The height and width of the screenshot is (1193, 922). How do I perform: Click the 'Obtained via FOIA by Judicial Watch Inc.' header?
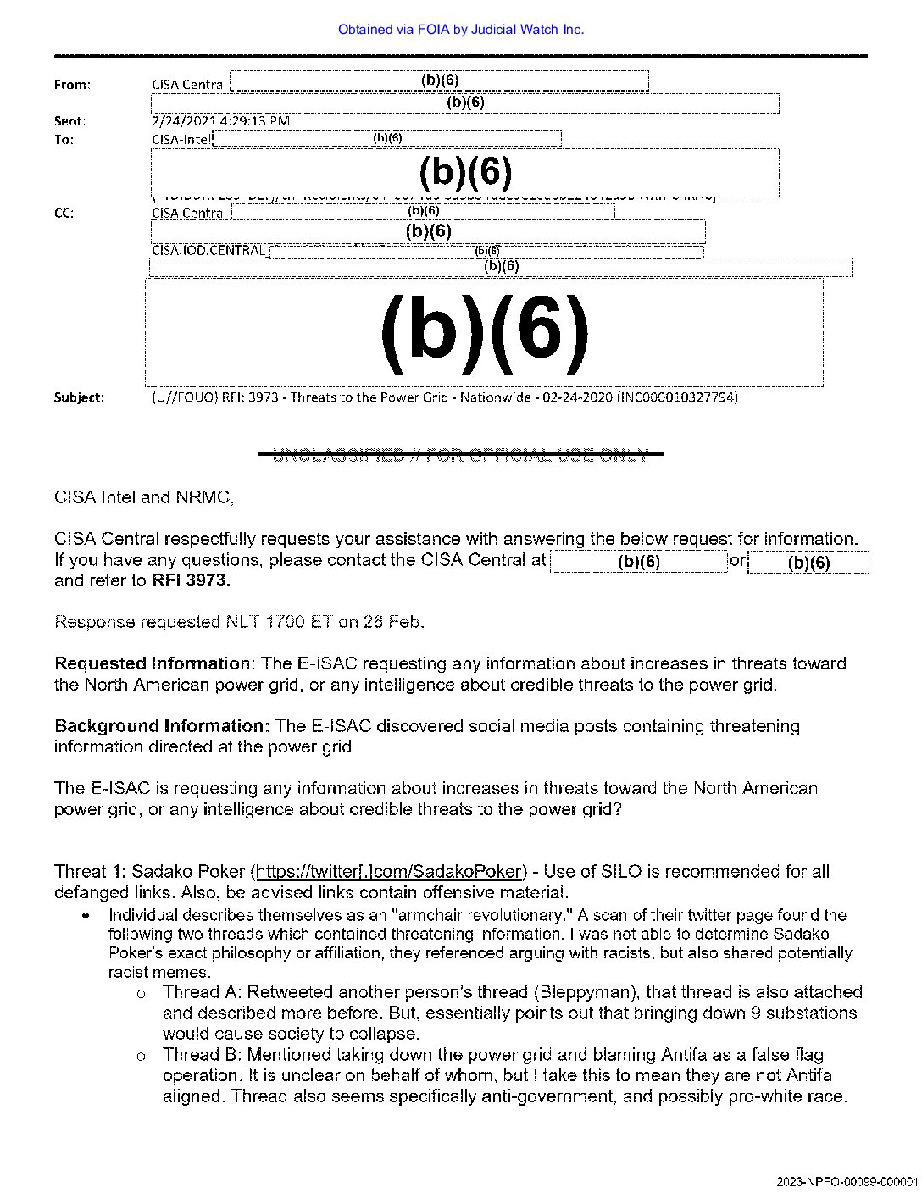coord(460,30)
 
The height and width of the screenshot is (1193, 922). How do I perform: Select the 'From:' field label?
coord(72,85)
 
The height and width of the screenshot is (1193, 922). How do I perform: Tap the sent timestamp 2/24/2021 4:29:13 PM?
coord(220,121)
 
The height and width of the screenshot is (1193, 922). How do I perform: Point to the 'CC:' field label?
coord(64,214)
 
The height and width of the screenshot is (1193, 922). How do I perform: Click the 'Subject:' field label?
coord(79,397)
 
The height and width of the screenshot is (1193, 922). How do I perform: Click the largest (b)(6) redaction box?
coord(484,331)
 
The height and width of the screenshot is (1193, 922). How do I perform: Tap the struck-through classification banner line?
coord(460,456)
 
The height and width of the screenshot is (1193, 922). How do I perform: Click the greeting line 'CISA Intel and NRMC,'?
coord(144,497)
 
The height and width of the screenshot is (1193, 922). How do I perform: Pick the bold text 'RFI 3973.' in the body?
coord(191,580)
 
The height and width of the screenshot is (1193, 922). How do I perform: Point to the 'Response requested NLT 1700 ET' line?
coord(239,622)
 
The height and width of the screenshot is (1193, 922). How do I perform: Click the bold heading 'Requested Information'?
coord(153,663)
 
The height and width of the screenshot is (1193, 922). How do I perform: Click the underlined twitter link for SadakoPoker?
coord(389,872)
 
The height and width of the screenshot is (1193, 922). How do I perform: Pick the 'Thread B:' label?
coord(201,1055)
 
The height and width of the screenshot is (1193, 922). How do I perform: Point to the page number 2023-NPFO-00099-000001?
coord(846,1181)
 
